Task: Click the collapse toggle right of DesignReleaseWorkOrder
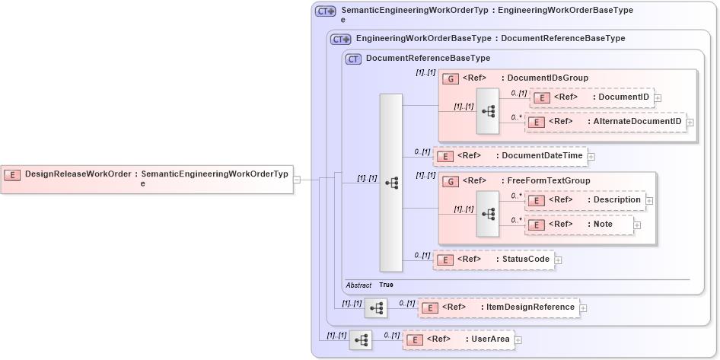coord(297,180)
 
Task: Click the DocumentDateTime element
coord(510,156)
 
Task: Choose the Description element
coord(585,200)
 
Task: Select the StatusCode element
coord(493,260)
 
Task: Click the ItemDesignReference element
coord(498,307)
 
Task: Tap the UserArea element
coord(457,339)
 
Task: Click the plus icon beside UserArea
coord(518,340)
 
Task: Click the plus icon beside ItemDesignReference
coord(584,308)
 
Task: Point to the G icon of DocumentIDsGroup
coord(451,78)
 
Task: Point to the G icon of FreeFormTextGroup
coord(451,181)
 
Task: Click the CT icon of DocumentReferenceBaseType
coord(353,59)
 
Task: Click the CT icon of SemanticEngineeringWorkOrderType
coord(326,11)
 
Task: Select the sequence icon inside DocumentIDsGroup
coord(488,111)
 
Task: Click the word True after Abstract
coord(387,285)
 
